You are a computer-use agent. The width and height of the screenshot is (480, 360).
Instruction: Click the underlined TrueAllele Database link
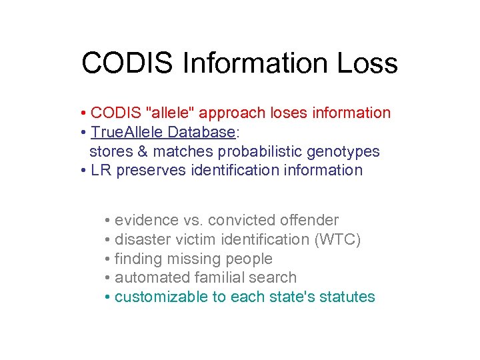click(163, 132)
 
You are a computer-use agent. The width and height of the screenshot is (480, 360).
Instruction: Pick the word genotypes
click(347, 151)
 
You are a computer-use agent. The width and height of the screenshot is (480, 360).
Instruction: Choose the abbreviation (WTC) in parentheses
click(337, 239)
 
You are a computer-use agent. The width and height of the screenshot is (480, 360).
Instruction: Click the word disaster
click(141, 239)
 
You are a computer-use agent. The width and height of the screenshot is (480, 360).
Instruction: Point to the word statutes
click(347, 297)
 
